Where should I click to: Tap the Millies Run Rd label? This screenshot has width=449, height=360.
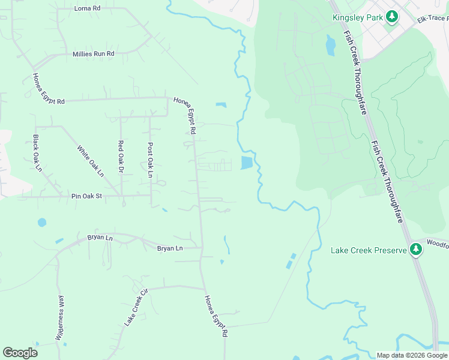[93, 54]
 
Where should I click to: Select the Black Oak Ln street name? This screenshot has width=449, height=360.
[37, 153]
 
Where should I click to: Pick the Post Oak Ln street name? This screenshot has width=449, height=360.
[150, 160]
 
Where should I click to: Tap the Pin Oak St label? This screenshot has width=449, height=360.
[87, 196]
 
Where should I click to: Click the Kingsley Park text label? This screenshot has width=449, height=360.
[357, 17]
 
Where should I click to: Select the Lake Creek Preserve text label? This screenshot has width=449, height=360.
[369, 250]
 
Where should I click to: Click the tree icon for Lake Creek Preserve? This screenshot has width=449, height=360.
[416, 249]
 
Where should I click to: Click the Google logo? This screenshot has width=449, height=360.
[20, 353]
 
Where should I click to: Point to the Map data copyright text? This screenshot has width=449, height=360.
[411, 355]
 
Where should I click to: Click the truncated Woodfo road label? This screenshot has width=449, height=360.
[437, 243]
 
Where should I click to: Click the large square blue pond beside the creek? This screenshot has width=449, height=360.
[247, 163]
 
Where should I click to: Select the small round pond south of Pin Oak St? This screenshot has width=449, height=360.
[42, 223]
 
